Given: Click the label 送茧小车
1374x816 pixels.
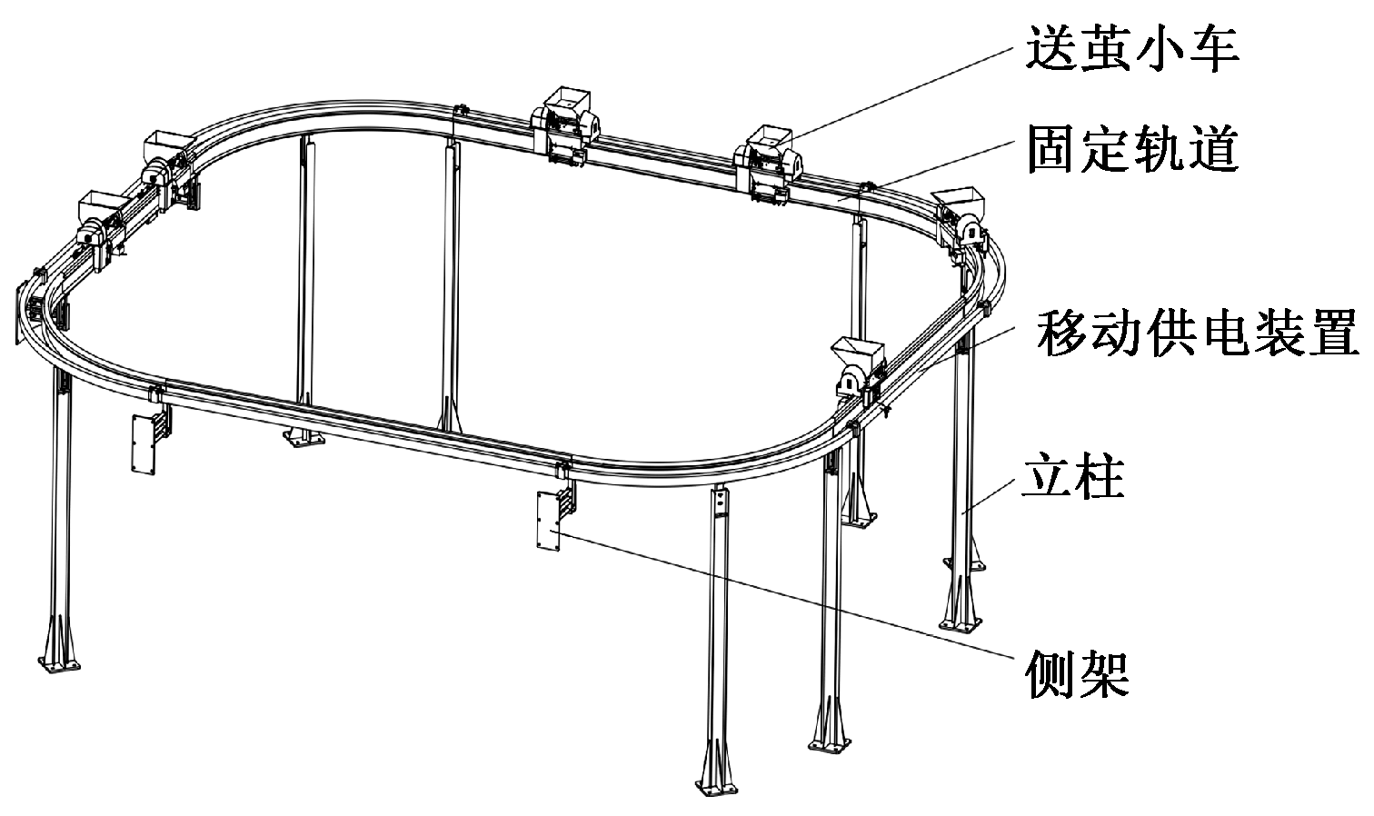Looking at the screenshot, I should click(1132, 46).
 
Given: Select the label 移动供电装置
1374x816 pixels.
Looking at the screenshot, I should click(1198, 333).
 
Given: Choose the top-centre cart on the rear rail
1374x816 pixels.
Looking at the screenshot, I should click(563, 124).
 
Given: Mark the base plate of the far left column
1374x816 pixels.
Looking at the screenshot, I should click(62, 666).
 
